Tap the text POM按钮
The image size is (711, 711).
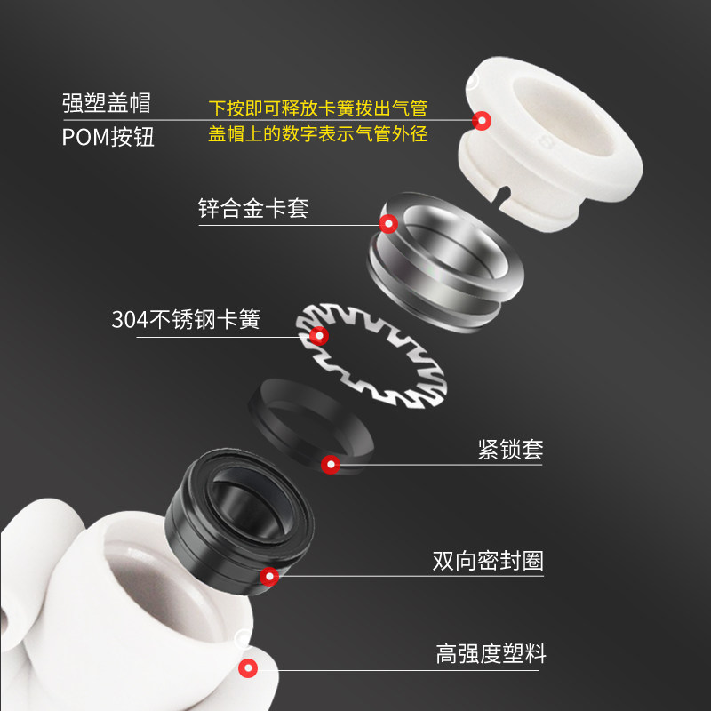108,138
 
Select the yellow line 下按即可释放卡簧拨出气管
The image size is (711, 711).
317,108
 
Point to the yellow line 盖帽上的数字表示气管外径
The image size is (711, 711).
317,134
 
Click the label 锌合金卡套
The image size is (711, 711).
252,210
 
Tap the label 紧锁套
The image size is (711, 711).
509,449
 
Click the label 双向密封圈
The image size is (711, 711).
487,561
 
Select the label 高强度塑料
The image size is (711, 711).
491,655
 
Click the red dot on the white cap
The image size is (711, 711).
482,120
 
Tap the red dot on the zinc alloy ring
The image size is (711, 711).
387,223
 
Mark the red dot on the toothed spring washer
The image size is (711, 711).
318,335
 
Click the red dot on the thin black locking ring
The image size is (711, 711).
331,463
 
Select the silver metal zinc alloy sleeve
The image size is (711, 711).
444,258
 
